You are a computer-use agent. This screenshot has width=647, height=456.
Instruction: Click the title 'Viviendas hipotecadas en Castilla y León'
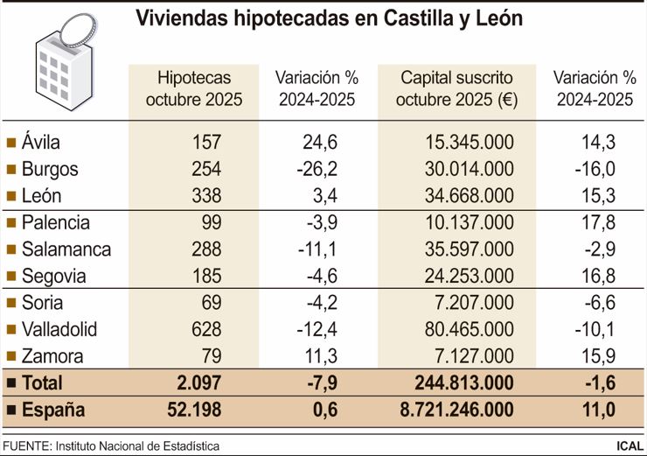click(x=329, y=19)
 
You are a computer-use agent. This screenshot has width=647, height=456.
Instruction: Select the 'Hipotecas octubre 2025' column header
click(x=193, y=88)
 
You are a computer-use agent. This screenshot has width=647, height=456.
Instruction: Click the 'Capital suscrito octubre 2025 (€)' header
click(x=457, y=88)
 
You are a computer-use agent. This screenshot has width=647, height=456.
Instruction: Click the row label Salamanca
click(x=66, y=249)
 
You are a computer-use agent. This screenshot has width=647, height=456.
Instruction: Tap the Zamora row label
click(x=54, y=356)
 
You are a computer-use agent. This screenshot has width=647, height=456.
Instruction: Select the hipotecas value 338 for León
click(x=206, y=195)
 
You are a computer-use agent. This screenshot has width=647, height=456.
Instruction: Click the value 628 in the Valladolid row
click(x=206, y=330)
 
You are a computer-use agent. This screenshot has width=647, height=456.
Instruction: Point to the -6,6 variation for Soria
click(x=599, y=304)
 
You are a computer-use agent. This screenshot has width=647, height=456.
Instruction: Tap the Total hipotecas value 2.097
click(x=198, y=383)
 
